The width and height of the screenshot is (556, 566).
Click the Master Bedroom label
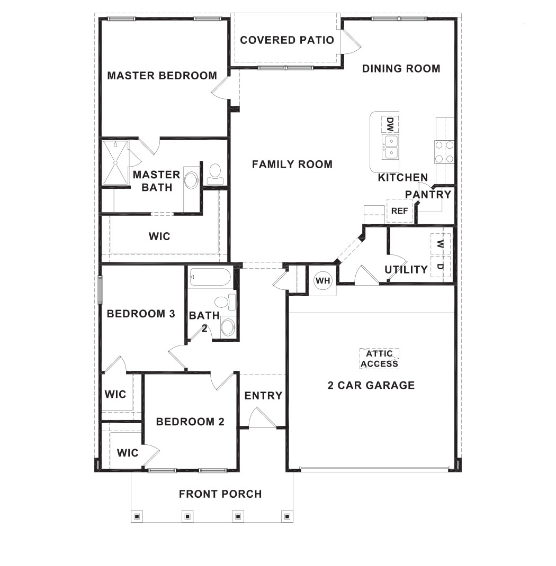pyautogui.click(x=162, y=76)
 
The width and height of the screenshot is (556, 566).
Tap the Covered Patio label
pyautogui.click(x=287, y=40)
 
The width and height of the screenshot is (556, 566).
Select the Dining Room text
pyautogui.click(x=401, y=68)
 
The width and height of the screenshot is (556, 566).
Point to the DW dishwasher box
pyautogui.click(x=390, y=124)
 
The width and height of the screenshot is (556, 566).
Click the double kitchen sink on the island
pyautogui.click(x=391, y=147)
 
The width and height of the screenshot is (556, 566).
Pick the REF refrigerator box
pyautogui.click(x=399, y=211)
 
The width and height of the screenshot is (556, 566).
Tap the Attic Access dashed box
pyautogui.click(x=379, y=359)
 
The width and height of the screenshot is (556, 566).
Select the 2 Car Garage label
pyautogui.click(x=371, y=385)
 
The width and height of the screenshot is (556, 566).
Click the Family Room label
pyautogui.click(x=292, y=165)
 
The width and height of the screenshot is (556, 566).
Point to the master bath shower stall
pyautogui.click(x=115, y=162)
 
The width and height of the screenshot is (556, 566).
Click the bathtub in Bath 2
pyautogui.click(x=210, y=277)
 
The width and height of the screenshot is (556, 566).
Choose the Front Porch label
pyautogui.click(x=220, y=494)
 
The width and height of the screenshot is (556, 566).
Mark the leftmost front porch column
pyautogui.click(x=137, y=516)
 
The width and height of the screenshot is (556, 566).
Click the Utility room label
pyautogui.click(x=406, y=269)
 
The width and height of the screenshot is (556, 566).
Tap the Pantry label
pyautogui.click(x=428, y=194)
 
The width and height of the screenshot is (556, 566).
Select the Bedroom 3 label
pyautogui.click(x=141, y=314)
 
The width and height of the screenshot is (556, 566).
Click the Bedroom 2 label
pyautogui.click(x=190, y=422)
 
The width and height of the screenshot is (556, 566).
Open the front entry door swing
pyautogui.click(x=261, y=418)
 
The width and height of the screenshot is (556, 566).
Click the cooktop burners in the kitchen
pyautogui.click(x=444, y=151)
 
